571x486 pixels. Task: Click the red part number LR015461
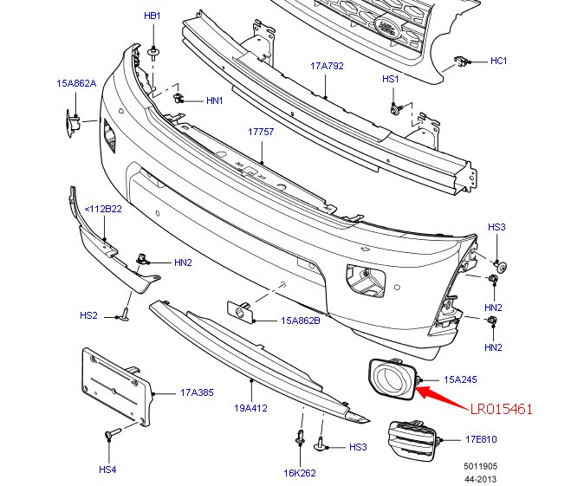click(501, 408)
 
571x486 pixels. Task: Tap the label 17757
click(261, 133)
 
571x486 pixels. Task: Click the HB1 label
click(152, 16)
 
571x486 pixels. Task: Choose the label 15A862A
click(76, 83)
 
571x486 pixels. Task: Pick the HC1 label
click(498, 61)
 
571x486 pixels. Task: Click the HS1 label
click(390, 79)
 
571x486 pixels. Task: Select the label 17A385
click(198, 392)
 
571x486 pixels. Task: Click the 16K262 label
click(300, 473)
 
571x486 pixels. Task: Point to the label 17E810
click(481, 439)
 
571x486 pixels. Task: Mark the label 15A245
click(460, 379)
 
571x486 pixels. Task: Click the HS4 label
click(107, 470)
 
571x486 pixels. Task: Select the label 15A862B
click(301, 320)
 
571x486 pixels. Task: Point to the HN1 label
click(214, 100)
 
